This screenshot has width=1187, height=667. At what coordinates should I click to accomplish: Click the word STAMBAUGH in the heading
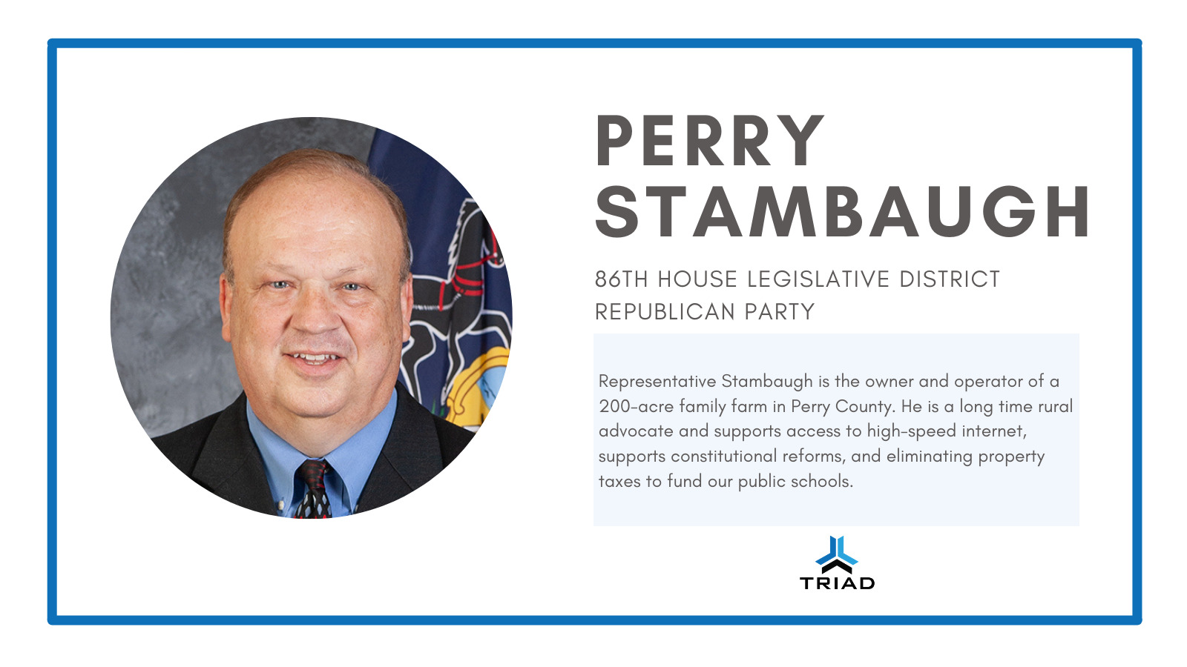point(843,212)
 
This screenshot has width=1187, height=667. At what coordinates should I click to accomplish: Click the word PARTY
point(779,312)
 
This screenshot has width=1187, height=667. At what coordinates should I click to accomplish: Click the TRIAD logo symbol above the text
point(837,554)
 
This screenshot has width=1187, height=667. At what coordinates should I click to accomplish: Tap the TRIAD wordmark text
point(838,583)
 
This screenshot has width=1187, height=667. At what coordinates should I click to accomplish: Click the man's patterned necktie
point(314,489)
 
